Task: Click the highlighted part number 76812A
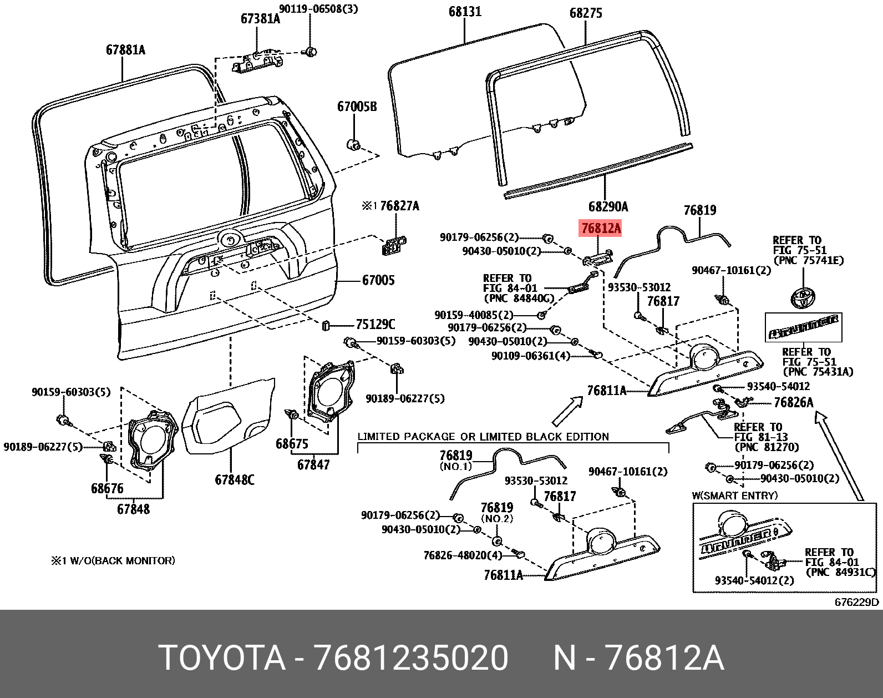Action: (601, 228)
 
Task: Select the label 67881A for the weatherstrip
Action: (125, 50)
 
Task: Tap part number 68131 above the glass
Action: (465, 12)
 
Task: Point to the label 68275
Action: (586, 13)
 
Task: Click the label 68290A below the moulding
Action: (608, 207)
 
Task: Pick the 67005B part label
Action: (357, 107)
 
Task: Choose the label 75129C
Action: (375, 325)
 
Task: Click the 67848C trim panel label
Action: (235, 480)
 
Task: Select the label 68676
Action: (107, 489)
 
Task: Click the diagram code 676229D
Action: (856, 603)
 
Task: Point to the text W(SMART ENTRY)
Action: (734, 495)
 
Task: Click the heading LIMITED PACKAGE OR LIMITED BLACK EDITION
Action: (483, 437)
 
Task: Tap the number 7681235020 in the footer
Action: (411, 658)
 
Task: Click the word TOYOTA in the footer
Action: (222, 658)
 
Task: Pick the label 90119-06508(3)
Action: (318, 9)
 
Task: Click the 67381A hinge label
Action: (260, 19)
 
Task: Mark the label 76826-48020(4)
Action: (463, 555)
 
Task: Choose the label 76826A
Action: (793, 403)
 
